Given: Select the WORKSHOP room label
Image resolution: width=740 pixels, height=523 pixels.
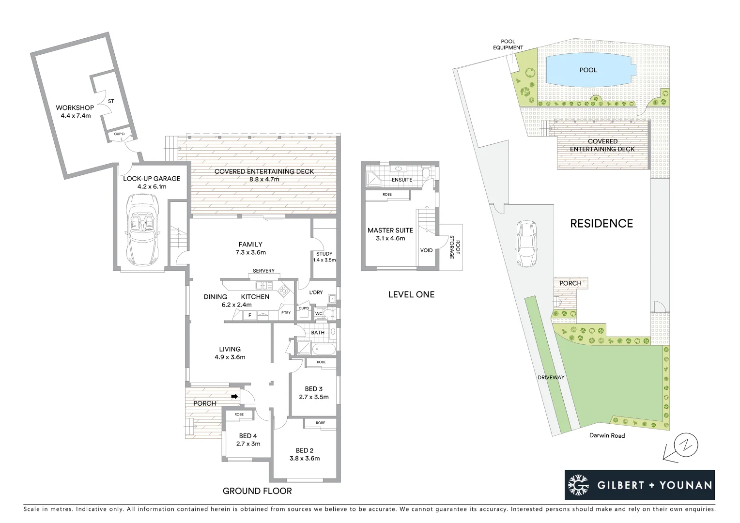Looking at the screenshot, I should pos(75,108).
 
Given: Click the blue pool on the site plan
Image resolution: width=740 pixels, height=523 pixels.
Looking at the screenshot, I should pos(588,70).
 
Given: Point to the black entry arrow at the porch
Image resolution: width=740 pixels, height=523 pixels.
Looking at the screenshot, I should pos(234,397).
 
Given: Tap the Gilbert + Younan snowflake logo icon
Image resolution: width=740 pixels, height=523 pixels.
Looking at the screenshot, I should pos(578,485).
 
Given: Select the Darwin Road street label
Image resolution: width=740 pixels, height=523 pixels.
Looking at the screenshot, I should pos(607,435).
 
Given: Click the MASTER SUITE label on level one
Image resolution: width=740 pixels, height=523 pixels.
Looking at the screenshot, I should pos(390,231).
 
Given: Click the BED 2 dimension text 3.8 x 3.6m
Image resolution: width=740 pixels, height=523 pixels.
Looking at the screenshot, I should pos(305,458).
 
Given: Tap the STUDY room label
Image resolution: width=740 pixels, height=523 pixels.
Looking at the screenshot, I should pos(324,254).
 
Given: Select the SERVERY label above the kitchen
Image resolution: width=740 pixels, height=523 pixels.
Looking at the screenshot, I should pos(263,271).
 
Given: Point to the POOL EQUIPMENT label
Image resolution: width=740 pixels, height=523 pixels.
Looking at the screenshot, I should pos(508,45).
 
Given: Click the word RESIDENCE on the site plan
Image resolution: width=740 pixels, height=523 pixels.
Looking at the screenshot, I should pos(601,223).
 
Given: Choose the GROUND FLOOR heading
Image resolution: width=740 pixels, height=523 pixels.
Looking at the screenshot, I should pos(257,491).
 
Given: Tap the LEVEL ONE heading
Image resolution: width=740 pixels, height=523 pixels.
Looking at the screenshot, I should pos(411,294).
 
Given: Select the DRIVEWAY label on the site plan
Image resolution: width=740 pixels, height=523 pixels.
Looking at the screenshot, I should pos(551,377).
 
